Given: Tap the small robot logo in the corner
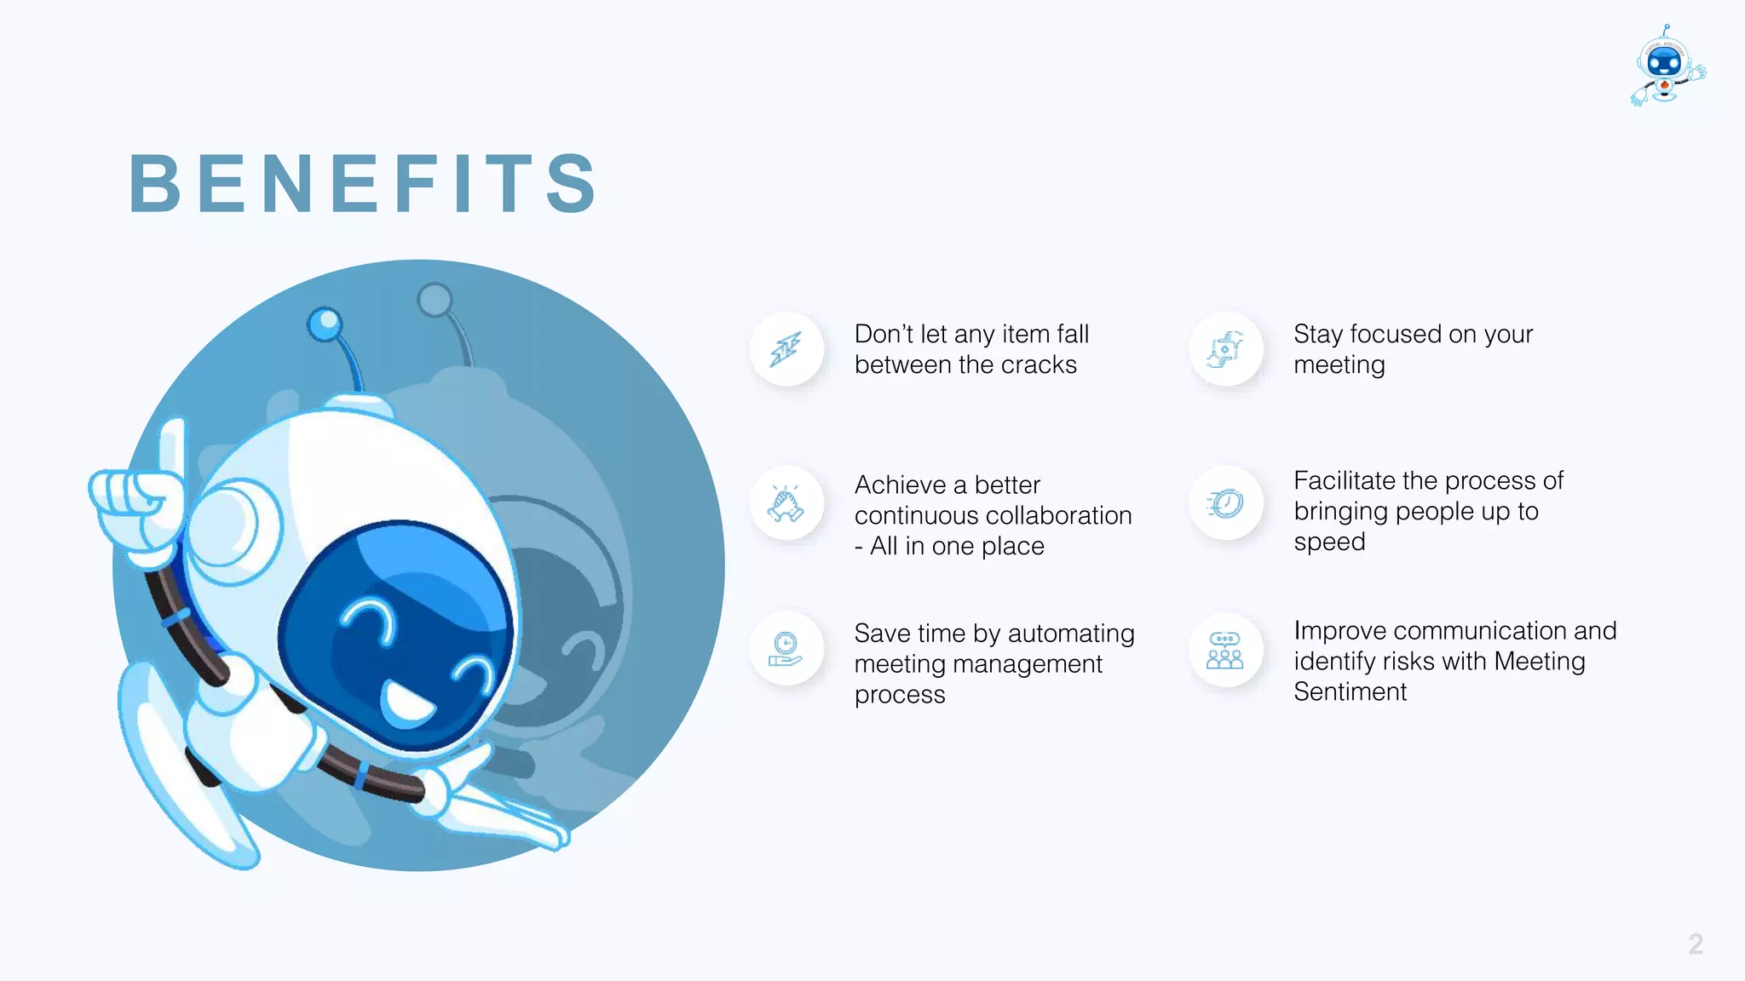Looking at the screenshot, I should point(1667,66).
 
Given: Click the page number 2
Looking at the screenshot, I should point(1696,944).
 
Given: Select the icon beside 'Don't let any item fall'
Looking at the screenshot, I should point(786,349).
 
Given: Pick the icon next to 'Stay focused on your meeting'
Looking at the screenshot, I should point(1225,349).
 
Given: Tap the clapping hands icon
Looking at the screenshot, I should point(786,503).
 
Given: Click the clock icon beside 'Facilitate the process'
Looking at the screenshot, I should point(1225,503).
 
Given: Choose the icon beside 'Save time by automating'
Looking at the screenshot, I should point(786,650).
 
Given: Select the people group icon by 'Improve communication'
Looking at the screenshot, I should point(1225,651).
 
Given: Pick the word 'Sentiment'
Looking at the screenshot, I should point(1350,691).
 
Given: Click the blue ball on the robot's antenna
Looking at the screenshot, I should point(325,324).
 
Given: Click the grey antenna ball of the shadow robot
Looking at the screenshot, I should point(435,300).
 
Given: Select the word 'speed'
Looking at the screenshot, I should point(1329,542).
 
